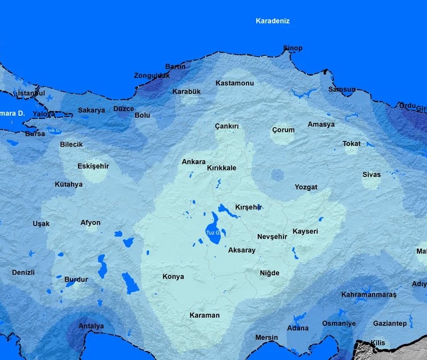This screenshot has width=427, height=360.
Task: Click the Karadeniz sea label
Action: (272, 21)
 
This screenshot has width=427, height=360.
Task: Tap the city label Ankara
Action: (193, 162)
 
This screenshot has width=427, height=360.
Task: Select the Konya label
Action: (173, 277)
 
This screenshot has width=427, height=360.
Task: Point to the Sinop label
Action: (292, 49)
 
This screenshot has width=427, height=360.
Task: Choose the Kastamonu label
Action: (234, 83)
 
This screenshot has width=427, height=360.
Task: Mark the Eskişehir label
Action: (93, 166)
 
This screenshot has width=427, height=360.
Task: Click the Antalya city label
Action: (91, 326)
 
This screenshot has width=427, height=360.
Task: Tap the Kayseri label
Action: (305, 231)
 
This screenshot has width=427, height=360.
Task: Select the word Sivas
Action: (371, 175)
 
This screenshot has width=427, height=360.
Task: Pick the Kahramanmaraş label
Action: (369, 294)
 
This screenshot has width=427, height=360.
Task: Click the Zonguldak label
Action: (152, 76)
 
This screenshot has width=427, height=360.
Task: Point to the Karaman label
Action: (204, 315)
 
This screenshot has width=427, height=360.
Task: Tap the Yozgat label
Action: (306, 187)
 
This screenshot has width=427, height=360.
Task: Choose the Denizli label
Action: (23, 273)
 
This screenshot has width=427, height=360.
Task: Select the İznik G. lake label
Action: (53, 130)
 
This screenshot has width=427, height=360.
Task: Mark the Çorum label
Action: (283, 130)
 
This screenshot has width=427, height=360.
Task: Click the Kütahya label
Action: (68, 185)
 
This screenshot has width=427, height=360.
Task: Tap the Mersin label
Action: (266, 338)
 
